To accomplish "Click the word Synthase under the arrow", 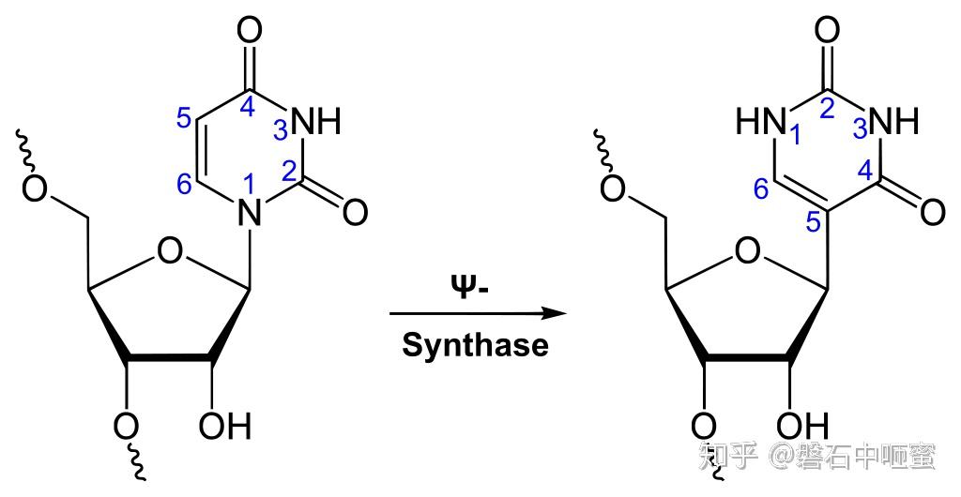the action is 475,345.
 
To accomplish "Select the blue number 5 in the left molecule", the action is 185,119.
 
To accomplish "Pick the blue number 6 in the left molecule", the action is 185,186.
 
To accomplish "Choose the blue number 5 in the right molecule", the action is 813,222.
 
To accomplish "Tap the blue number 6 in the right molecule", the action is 762,190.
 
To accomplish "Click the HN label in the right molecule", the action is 758,121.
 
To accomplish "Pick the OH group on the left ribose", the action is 225,428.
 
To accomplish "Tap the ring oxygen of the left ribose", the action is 170,250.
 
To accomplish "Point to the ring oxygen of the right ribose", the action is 748,250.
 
